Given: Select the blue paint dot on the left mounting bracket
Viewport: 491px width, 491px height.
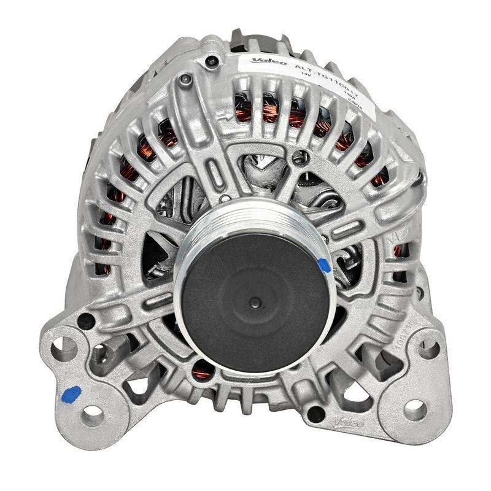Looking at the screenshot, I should pyautogui.click(x=72, y=393).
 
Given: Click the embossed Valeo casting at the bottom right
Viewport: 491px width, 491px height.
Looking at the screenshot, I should pyautogui.click(x=348, y=423).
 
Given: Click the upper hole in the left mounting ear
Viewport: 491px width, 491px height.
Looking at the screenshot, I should pyautogui.click(x=64, y=348).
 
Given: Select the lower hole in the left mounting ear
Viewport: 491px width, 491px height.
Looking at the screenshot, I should pyautogui.click(x=93, y=416).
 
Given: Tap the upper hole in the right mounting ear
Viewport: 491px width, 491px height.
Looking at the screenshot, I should pyautogui.click(x=428, y=348).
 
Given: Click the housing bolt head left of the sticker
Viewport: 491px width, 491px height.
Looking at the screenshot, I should pyautogui.click(x=185, y=80).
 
